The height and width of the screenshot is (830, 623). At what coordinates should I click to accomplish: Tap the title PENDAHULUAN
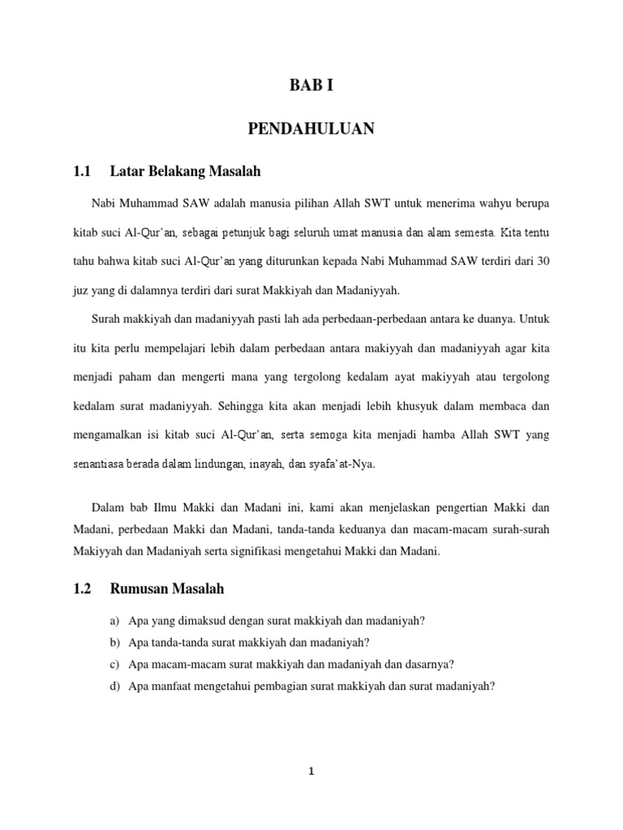click(311, 129)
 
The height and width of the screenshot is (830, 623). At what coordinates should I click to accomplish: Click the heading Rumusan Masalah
click(167, 589)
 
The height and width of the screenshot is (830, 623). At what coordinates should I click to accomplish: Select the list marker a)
click(114, 621)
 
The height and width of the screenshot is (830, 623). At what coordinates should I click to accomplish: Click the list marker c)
click(114, 664)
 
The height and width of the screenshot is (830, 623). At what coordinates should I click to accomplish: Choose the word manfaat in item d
click(167, 686)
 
